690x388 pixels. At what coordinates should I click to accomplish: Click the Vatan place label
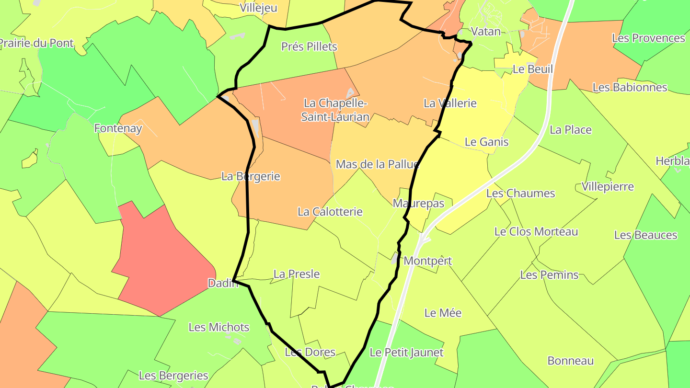click(486, 32)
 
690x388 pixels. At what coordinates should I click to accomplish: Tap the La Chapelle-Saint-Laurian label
click(335, 110)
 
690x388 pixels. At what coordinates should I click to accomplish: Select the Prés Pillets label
click(309, 46)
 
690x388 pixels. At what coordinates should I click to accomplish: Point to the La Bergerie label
click(251, 176)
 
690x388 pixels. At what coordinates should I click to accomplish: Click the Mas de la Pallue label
click(378, 164)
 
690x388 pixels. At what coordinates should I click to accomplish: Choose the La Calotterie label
click(330, 211)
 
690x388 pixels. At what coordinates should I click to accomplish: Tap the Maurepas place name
click(418, 203)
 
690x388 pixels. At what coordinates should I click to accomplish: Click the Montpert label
click(428, 261)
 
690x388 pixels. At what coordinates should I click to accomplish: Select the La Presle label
click(297, 274)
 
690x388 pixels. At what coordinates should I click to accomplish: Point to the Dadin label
click(223, 283)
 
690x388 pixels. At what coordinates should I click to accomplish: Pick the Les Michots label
click(219, 327)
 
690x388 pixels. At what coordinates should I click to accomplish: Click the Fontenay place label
click(118, 128)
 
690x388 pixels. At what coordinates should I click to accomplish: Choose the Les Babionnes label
click(630, 87)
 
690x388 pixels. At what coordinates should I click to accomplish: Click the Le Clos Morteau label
click(536, 231)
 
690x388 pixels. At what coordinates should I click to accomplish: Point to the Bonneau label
click(571, 361)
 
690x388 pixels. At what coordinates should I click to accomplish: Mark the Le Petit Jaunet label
click(406, 353)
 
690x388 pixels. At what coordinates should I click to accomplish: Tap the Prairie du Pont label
click(36, 43)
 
